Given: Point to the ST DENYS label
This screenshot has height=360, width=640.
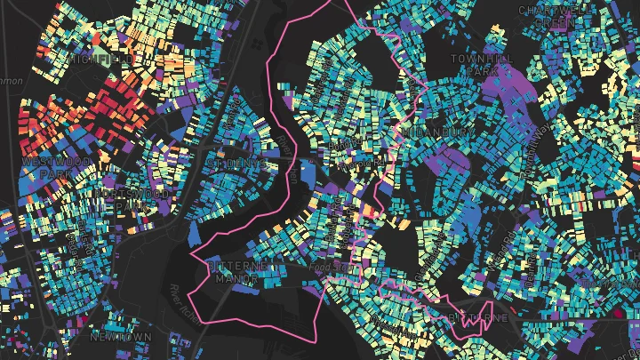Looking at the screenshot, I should point(235,164).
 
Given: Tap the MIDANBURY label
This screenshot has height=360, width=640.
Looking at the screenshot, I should point(440,132).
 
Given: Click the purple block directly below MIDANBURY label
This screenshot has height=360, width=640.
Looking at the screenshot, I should point(449,160).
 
